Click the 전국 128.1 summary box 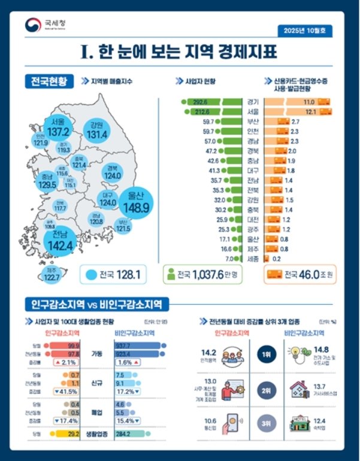pos(117,275)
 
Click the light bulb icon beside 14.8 pos(298,353)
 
